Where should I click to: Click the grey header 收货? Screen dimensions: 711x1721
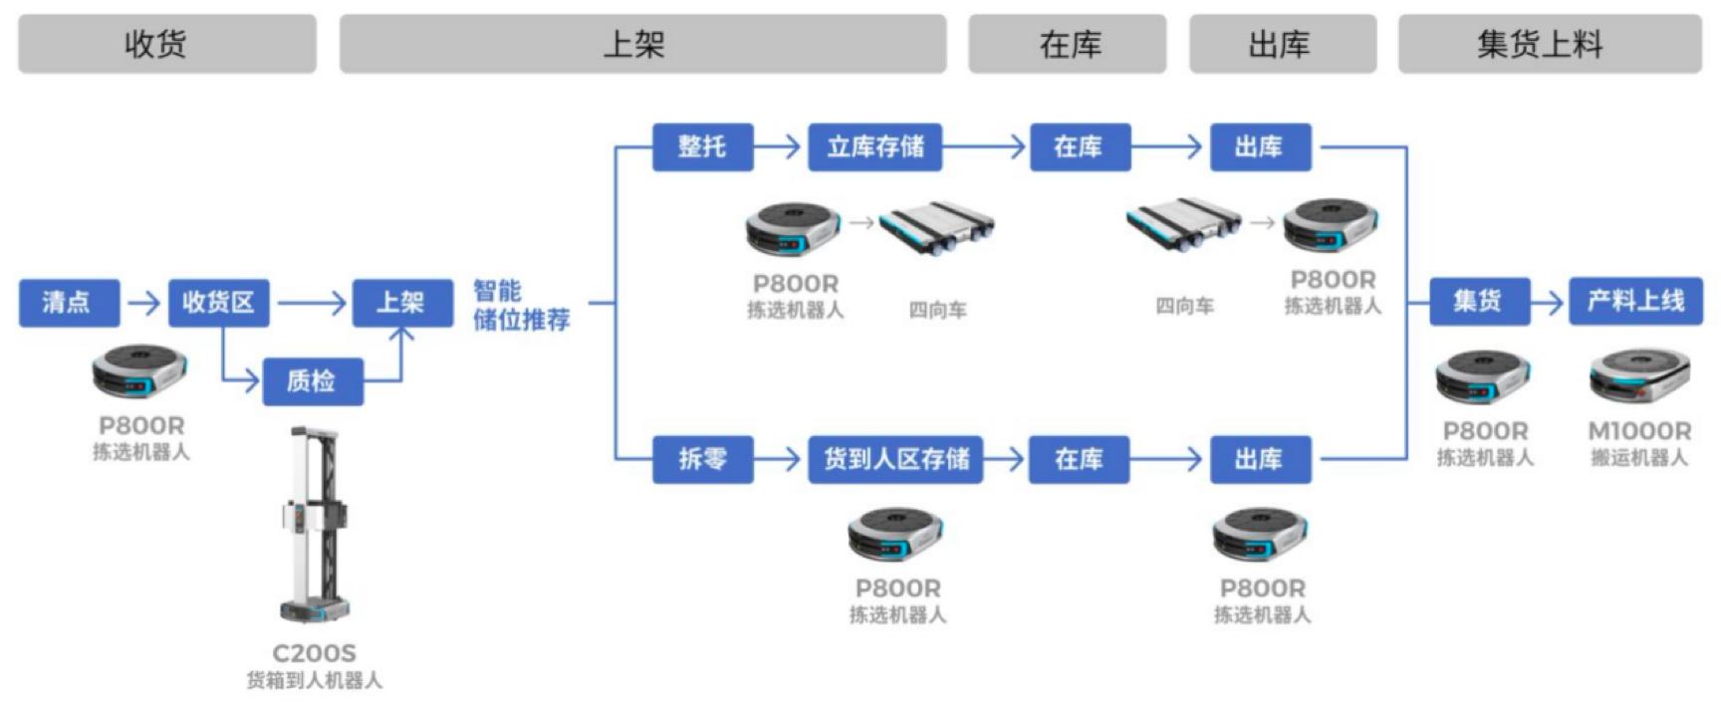(166, 44)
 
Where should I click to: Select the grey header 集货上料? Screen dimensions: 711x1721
(1549, 44)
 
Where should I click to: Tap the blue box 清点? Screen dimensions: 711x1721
(69, 303)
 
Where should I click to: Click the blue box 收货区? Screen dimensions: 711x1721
(218, 303)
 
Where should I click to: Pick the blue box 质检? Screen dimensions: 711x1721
(312, 380)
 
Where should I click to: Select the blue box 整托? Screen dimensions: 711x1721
(702, 147)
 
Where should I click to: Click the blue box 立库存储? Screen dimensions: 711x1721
(874, 147)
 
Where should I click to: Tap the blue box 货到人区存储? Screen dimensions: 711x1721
(894, 459)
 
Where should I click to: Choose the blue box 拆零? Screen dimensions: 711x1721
(702, 459)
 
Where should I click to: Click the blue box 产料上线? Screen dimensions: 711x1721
(1635, 301)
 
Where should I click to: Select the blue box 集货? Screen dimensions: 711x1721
(1479, 301)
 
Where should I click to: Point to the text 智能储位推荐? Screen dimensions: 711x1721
(520, 306)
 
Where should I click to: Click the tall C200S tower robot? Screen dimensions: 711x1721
(315, 523)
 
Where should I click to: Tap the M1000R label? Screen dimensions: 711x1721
(1639, 431)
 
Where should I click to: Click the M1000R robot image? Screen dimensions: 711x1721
(1638, 377)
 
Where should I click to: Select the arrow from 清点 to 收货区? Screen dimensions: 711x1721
(144, 303)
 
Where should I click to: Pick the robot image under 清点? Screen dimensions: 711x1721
(139, 371)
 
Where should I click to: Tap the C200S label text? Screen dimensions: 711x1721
(314, 653)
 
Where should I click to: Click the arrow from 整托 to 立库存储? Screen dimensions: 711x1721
(779, 147)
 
